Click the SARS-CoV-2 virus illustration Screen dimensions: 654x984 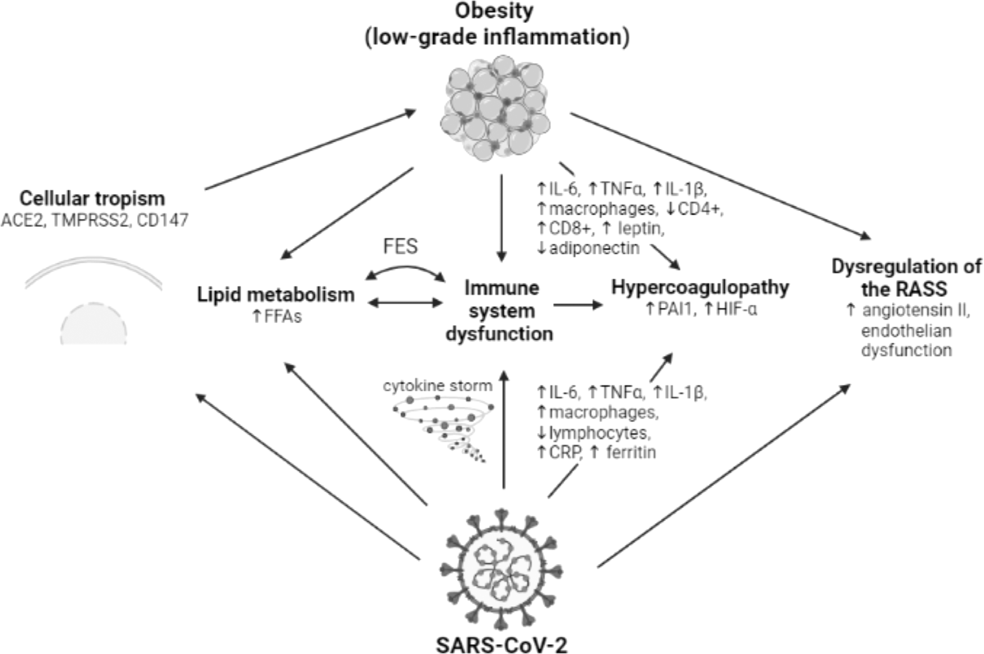coord(500,569)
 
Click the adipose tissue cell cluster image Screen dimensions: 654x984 coord(495,107)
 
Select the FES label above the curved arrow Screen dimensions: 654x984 coord(400,246)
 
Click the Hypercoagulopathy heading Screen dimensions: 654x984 coord(700,287)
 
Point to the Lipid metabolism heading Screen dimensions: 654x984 coord(276,294)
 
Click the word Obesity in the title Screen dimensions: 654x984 coord(494,10)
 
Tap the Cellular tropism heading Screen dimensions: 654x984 coord(92,198)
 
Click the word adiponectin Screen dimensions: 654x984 coord(594,248)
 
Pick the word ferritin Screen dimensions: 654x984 coord(631,452)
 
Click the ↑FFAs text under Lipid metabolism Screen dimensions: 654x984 coord(277,316)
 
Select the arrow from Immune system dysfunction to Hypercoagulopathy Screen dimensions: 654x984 coord(578,305)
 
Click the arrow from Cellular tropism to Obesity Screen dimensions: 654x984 coord(310,150)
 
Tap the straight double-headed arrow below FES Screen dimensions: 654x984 coord(405,303)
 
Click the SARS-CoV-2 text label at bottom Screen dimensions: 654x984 coord(501,644)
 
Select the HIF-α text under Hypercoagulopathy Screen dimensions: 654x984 coord(736,310)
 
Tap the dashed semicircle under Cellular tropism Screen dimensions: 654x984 coord(94,324)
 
